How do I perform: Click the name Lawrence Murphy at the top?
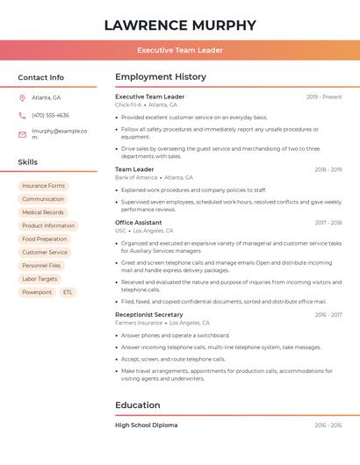(x=180, y=25)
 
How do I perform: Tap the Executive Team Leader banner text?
(x=180, y=50)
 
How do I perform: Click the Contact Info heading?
(x=41, y=77)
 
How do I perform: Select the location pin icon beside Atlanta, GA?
(x=22, y=98)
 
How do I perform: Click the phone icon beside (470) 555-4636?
(x=22, y=116)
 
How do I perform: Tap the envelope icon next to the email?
(x=22, y=134)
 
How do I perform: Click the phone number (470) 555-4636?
(x=50, y=116)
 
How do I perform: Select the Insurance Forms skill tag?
(x=44, y=186)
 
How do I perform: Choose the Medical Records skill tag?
(x=43, y=212)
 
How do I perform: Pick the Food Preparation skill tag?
(x=45, y=239)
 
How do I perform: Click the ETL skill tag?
(x=68, y=292)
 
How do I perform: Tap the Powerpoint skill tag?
(x=37, y=292)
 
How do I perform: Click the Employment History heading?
(x=161, y=77)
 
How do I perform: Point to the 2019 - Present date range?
(x=324, y=97)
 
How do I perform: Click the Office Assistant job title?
(x=139, y=223)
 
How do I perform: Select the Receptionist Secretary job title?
(x=149, y=314)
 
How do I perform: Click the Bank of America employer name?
(x=136, y=177)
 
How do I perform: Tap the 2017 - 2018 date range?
(x=328, y=223)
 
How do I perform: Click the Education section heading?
(x=138, y=405)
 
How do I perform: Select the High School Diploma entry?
(x=147, y=426)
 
